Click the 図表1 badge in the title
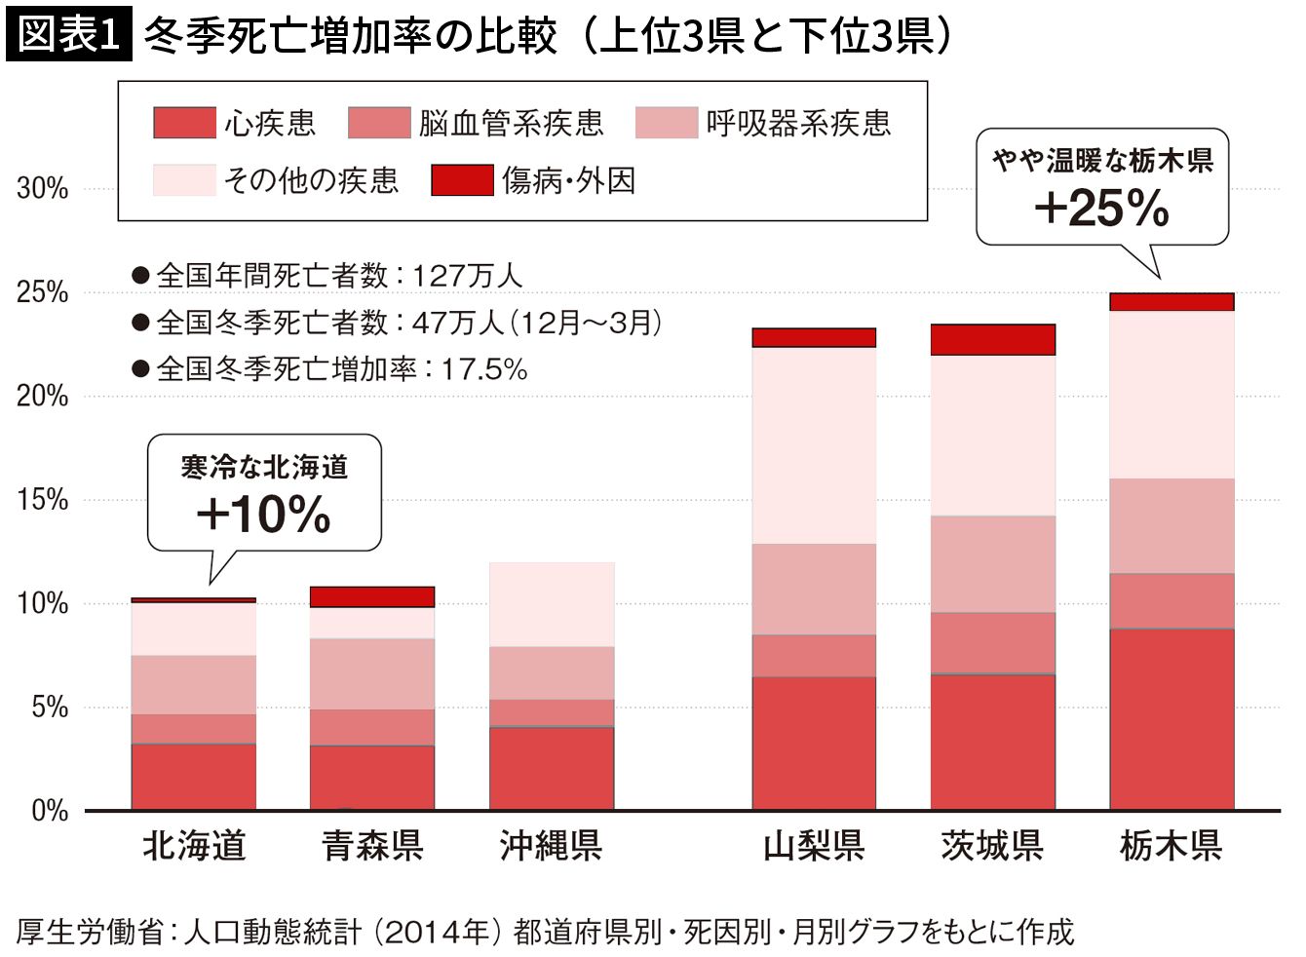(69, 34)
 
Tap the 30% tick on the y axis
(43, 189)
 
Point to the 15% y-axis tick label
(43, 500)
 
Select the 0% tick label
(50, 811)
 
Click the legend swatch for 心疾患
(185, 123)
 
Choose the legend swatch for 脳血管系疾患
(379, 123)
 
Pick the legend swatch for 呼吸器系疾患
(667, 123)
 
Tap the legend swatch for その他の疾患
(185, 180)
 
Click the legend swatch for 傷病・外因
(463, 180)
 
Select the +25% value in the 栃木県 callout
(1102, 209)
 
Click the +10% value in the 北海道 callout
(263, 514)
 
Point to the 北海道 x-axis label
(194, 846)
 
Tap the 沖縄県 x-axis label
(551, 846)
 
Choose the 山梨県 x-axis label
(814, 846)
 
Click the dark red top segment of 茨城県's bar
(993, 340)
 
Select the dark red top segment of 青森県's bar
(372, 596)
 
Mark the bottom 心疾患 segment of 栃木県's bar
(1172, 719)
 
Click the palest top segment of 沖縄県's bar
(552, 604)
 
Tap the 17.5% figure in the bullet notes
(484, 369)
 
